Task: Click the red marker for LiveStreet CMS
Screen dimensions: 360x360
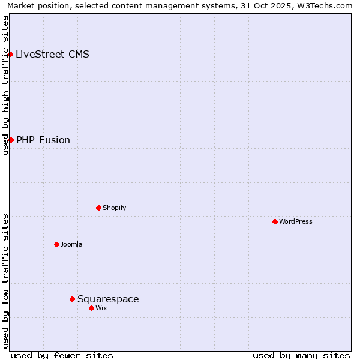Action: tap(10, 55)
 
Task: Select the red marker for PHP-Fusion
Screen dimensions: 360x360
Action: tap(11, 140)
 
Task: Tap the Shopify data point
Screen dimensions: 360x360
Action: tap(98, 208)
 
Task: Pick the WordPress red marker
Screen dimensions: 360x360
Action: tap(275, 221)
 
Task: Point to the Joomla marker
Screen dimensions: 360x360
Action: tap(56, 244)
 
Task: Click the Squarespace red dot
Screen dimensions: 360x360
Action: tap(72, 299)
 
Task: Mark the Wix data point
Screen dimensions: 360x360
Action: tap(91, 308)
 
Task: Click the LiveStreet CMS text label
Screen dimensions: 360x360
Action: tap(52, 55)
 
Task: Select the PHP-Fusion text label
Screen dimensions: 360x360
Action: tap(43, 140)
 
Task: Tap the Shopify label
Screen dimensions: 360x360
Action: tap(114, 208)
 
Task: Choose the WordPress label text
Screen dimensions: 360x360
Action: tap(295, 221)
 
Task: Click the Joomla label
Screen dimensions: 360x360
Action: tap(71, 244)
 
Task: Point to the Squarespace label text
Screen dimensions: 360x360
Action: tap(108, 299)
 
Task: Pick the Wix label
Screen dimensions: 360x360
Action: tap(101, 308)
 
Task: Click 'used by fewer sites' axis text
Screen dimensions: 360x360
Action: tap(62, 355)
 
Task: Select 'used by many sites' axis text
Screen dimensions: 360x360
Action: tap(301, 355)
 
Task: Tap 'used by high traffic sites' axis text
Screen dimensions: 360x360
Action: tap(5, 85)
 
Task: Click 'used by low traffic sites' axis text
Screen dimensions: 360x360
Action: tap(5, 281)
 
